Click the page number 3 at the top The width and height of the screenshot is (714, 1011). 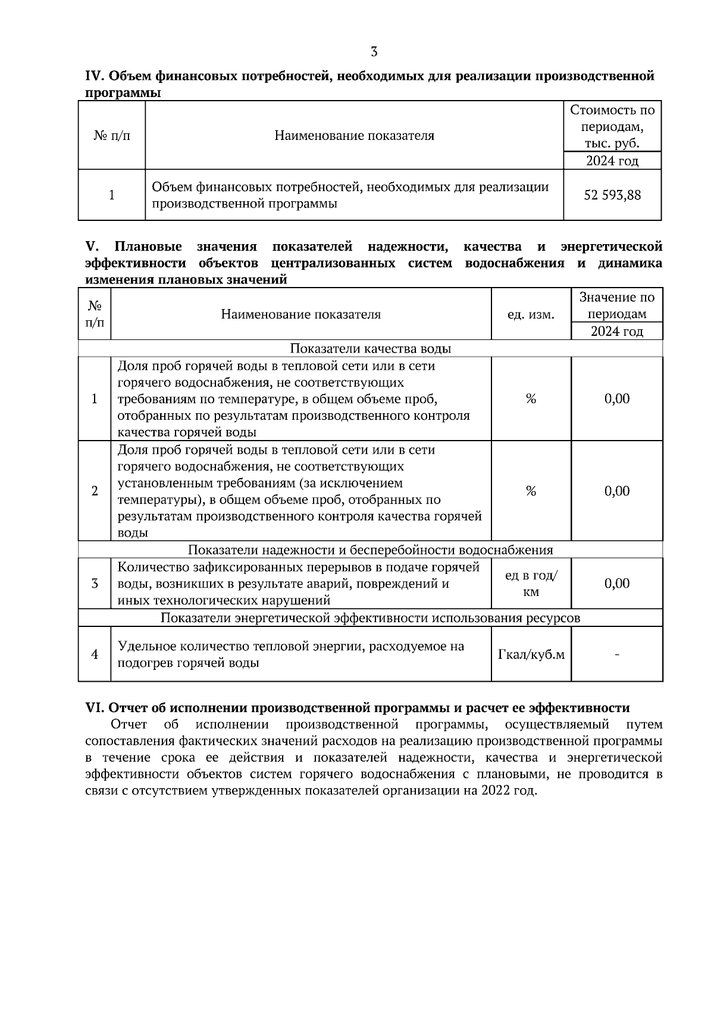374,52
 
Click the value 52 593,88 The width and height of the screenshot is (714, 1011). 612,195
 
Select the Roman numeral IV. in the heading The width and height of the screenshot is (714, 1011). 96,76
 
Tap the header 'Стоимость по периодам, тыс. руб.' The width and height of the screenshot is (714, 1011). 612,127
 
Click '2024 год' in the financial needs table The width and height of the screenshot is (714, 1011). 612,161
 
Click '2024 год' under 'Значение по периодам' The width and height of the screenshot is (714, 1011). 616,331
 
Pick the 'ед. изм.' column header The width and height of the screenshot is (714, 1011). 531,314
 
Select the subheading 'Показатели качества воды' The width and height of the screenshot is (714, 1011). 370,349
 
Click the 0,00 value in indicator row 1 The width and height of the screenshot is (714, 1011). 616,399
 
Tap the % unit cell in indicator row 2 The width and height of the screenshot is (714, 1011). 531,491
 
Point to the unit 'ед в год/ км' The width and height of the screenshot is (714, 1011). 531,583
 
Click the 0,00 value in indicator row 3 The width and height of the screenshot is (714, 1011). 616,583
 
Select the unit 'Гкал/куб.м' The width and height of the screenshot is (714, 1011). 531,655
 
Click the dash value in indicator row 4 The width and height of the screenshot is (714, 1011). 616,655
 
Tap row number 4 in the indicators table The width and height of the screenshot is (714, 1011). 95,655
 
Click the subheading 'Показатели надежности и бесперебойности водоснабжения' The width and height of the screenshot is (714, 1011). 370,550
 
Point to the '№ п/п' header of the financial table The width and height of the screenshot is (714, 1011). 112,136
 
